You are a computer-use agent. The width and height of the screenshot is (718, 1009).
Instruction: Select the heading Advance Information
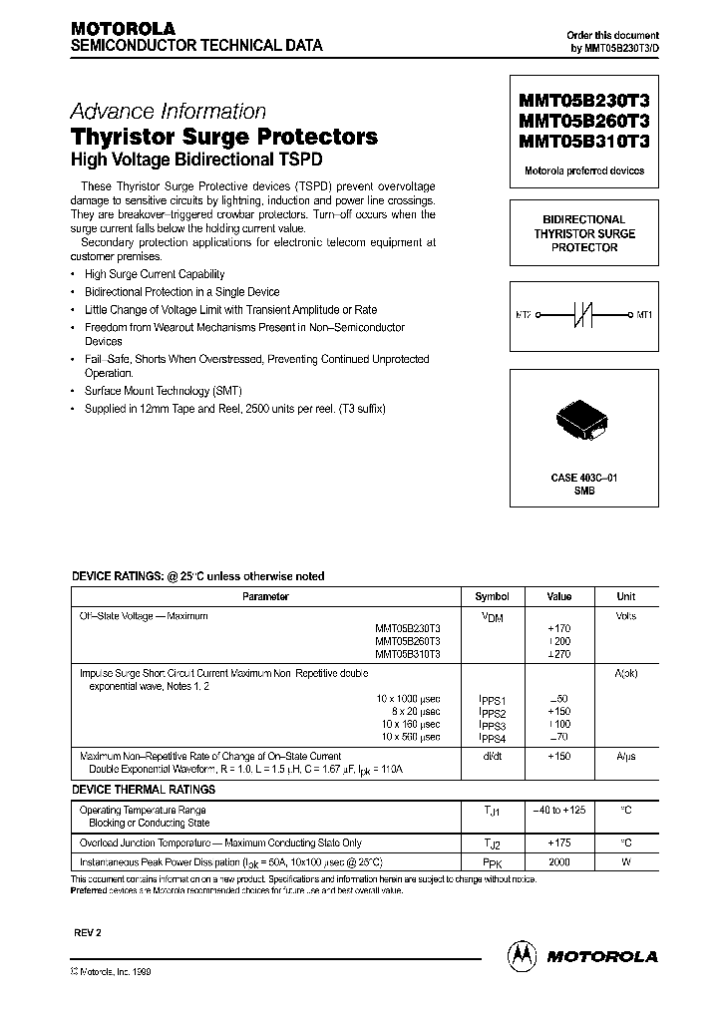pyautogui.click(x=168, y=112)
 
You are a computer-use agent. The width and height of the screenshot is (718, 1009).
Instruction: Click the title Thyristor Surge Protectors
pyautogui.click(x=223, y=137)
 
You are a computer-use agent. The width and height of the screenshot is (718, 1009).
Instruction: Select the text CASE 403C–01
pyautogui.click(x=584, y=479)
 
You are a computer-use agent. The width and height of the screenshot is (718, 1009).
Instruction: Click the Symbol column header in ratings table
pyautogui.click(x=492, y=596)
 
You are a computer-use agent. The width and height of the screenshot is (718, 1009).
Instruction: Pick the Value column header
pyautogui.click(x=559, y=596)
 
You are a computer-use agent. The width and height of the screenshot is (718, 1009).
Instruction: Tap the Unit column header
pyautogui.click(x=626, y=596)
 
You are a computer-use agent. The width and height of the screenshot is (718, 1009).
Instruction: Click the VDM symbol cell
pyautogui.click(x=492, y=617)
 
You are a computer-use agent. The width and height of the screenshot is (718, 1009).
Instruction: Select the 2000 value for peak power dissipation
pyautogui.click(x=559, y=861)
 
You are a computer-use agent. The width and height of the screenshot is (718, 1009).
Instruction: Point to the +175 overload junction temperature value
pyautogui.click(x=559, y=842)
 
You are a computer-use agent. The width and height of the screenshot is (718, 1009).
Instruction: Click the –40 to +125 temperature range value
pyautogui.click(x=559, y=811)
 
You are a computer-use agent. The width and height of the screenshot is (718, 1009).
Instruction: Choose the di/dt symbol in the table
pyautogui.click(x=492, y=757)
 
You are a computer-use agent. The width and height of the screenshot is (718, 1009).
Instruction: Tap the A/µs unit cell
pyautogui.click(x=626, y=757)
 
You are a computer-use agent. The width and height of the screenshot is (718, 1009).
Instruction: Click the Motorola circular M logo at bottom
pyautogui.click(x=521, y=955)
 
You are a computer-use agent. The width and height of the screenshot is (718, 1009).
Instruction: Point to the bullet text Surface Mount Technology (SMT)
pyautogui.click(x=163, y=391)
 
